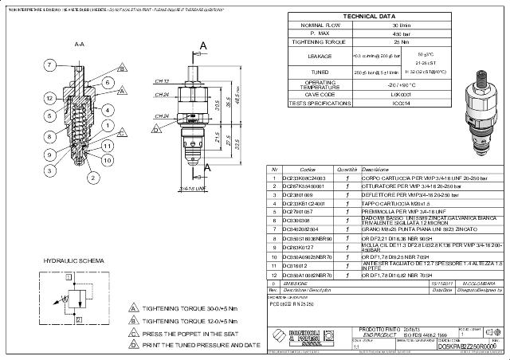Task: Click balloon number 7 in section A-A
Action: point(49,64)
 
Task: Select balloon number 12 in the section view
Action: point(49,98)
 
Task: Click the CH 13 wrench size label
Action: point(162,80)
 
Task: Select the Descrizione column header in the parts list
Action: point(375,170)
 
